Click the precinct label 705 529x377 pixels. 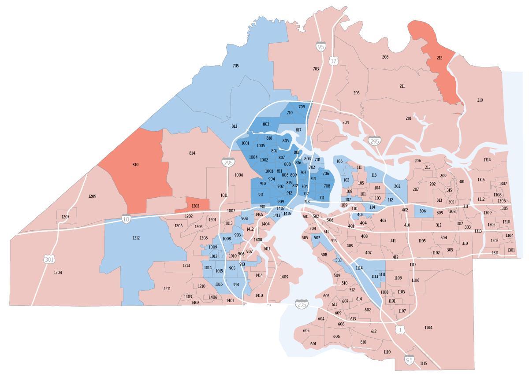(x=235, y=66)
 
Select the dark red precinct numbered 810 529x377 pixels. (x=135, y=165)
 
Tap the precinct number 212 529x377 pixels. (x=439, y=58)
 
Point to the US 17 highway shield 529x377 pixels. (x=333, y=61)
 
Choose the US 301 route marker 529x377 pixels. (x=49, y=259)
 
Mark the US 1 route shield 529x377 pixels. (x=400, y=329)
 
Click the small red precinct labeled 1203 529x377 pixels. (x=195, y=206)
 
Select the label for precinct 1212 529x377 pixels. (x=136, y=238)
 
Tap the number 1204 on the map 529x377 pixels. (x=58, y=273)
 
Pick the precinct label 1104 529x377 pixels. (x=428, y=328)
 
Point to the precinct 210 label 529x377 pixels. (x=480, y=100)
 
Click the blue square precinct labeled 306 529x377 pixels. (x=422, y=211)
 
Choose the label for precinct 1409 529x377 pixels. (x=284, y=277)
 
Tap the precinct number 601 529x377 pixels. (x=313, y=344)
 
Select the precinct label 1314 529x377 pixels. (x=487, y=160)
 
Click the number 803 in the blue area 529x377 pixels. (x=266, y=124)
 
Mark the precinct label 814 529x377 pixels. (x=192, y=153)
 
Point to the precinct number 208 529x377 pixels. (x=385, y=57)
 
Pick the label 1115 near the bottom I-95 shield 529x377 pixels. (x=423, y=363)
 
